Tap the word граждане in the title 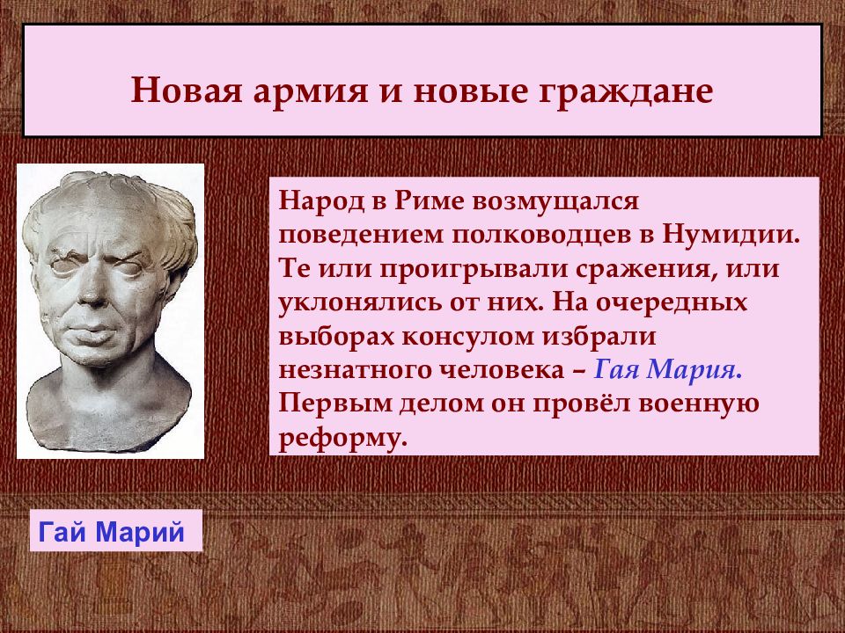tap(626, 92)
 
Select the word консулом tap(467, 338)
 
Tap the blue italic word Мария tap(694, 370)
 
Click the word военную tap(698, 404)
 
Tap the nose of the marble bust tap(92, 291)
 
